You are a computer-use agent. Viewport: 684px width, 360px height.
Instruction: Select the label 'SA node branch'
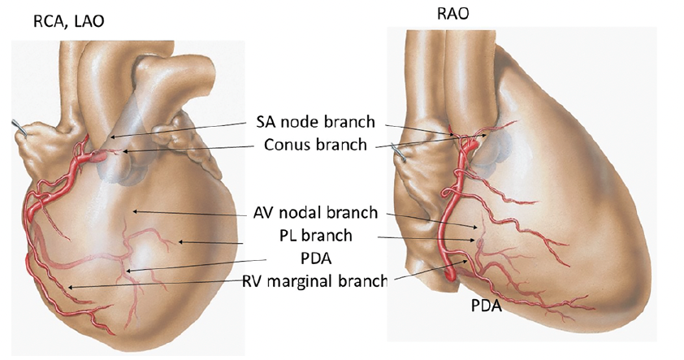(311, 123)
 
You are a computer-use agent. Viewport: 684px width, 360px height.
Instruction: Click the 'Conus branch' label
(314, 145)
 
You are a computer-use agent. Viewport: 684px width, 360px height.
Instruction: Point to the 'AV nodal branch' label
(314, 213)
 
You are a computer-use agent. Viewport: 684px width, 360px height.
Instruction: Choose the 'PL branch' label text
(312, 236)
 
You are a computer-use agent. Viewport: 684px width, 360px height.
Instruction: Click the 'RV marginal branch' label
(314, 282)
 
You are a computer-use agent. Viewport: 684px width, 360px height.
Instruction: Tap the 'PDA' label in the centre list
(313, 259)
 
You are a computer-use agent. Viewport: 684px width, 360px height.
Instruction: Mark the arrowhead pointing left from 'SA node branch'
(113, 137)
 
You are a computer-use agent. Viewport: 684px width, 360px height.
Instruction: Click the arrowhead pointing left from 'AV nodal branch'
(136, 211)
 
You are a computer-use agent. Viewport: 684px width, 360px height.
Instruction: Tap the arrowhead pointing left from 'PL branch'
(181, 241)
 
